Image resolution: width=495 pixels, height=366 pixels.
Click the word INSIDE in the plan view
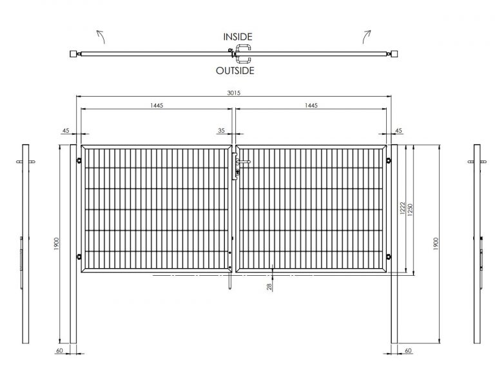coord(238,37)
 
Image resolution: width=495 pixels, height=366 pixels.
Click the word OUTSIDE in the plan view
coord(235,71)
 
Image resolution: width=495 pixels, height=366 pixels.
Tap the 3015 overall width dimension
coord(233,93)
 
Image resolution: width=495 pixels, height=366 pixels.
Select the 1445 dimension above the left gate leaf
coord(157,106)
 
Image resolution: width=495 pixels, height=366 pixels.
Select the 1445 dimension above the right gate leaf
coord(311,106)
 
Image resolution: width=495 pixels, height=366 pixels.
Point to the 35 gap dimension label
coord(221,130)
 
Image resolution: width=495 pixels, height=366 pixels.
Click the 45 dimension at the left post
coord(66,130)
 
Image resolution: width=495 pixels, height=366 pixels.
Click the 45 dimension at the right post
coord(398,130)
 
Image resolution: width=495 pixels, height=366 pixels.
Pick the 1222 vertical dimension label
coord(402,208)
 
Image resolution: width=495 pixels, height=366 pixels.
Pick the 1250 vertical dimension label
coord(410,210)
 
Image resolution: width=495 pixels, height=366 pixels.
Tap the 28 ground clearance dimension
coord(269,287)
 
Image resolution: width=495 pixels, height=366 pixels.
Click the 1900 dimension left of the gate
coord(57,244)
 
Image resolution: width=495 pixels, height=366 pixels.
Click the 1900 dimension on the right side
coord(436,244)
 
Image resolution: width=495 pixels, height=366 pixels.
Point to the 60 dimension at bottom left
coord(59,351)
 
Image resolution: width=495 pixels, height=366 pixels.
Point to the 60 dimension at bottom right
coord(408,351)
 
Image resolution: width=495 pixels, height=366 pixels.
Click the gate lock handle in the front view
coord(243,162)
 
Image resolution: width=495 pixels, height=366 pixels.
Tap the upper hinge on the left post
coord(79,160)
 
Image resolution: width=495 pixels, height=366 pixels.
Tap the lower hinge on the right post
coord(389,257)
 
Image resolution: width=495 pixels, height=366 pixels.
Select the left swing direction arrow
coord(101,36)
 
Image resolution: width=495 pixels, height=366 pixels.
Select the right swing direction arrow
coord(367,36)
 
